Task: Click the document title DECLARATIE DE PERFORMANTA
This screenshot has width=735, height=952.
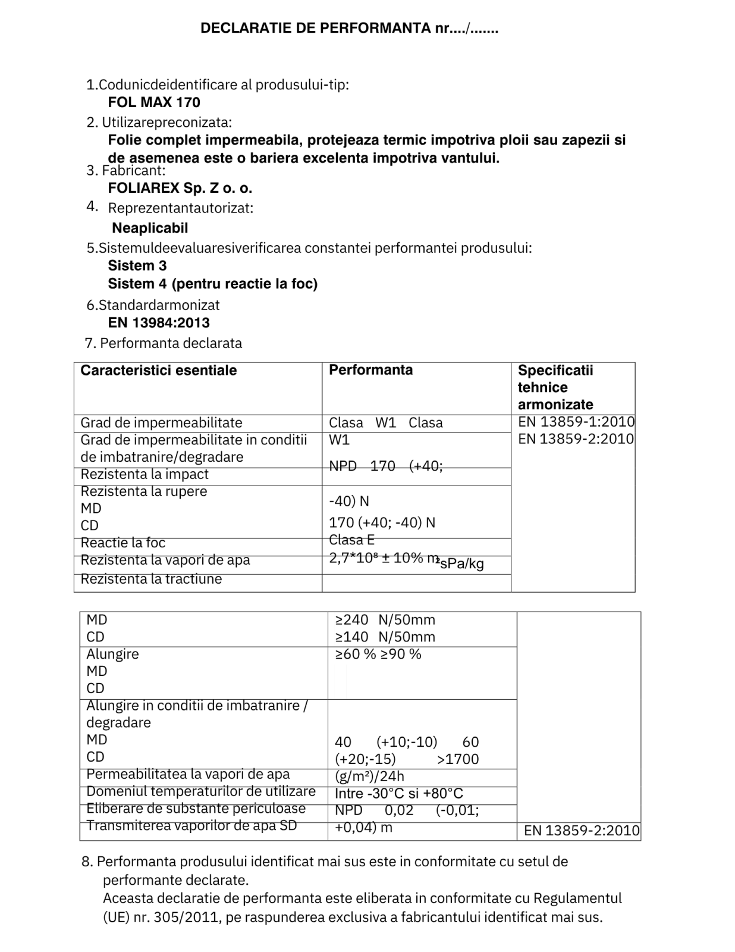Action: [x=348, y=28]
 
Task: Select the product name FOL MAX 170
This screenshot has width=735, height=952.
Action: [x=154, y=102]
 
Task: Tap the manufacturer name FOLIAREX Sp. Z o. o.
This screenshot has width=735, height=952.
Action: [x=180, y=189]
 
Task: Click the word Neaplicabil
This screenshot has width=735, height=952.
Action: [x=150, y=228]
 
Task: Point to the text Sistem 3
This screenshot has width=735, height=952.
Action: [x=137, y=266]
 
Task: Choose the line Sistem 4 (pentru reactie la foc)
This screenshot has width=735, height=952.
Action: [x=212, y=284]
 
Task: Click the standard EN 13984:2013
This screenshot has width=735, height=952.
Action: [x=159, y=323]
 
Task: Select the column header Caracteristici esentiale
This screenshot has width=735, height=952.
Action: [x=158, y=371]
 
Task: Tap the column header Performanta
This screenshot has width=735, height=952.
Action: [x=370, y=370]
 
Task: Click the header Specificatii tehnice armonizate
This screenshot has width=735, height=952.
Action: [x=555, y=387]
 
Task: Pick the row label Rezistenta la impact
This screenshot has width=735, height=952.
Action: [x=145, y=475]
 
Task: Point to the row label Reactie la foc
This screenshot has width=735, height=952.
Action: [x=122, y=543]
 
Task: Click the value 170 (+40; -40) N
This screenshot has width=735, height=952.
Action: [x=382, y=523]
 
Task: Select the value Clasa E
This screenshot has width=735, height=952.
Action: [x=351, y=540]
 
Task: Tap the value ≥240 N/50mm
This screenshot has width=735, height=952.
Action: [x=385, y=620]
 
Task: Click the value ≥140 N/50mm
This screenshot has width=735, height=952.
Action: [x=385, y=637]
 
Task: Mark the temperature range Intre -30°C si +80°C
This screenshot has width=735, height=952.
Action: [x=398, y=794]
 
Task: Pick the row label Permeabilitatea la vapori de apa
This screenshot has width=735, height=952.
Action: [x=188, y=775]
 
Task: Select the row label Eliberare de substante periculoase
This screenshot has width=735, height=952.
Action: [x=196, y=809]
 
